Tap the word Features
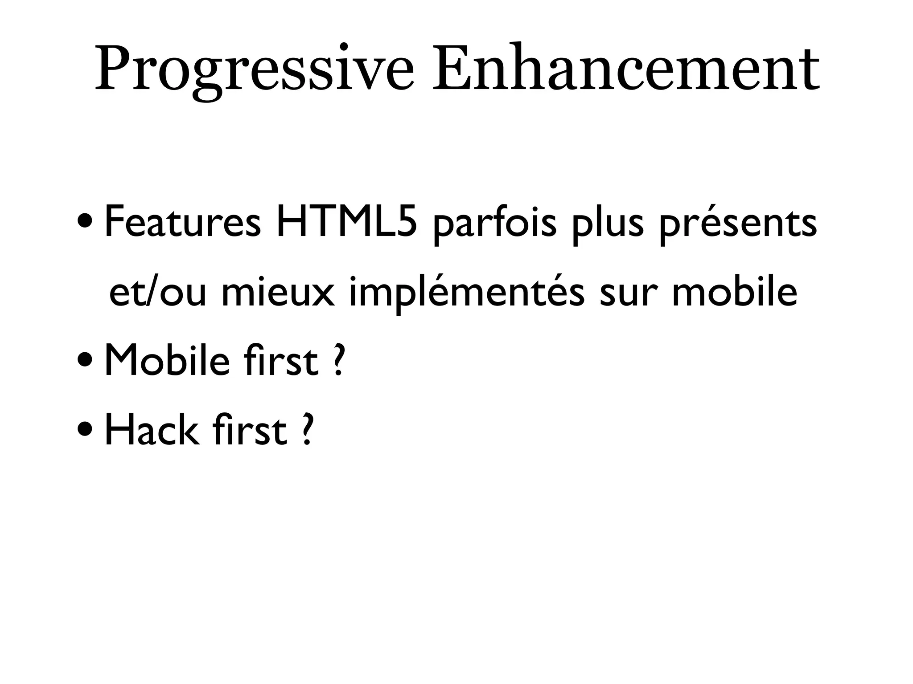point(182,223)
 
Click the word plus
point(609,225)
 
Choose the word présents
point(738,225)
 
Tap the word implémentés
point(466,294)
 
